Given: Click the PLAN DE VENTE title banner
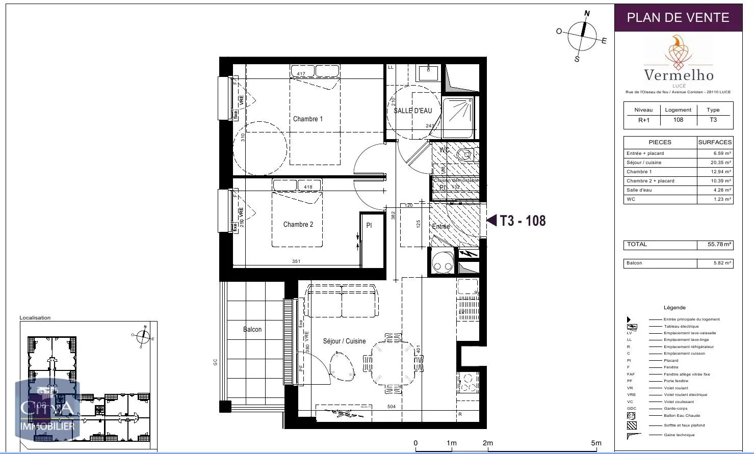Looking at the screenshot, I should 678,18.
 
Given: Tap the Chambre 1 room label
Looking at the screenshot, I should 307,119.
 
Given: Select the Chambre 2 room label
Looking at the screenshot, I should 298,225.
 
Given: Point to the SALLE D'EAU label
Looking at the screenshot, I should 412,111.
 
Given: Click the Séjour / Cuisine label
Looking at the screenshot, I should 344,341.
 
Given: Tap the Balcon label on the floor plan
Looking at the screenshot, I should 252,330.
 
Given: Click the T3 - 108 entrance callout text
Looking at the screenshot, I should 523,221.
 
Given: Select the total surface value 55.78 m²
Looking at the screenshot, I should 719,245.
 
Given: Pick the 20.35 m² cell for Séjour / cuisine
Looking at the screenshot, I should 721,163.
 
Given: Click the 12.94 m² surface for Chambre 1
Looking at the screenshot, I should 721,172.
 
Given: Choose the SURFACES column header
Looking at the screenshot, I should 715,142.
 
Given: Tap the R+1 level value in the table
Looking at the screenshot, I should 644,120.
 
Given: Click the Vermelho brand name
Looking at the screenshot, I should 679,75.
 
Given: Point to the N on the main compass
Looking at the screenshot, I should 587,14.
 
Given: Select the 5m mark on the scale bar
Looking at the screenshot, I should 596,443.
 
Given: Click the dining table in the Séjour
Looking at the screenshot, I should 393,363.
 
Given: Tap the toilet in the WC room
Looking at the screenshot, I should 465,155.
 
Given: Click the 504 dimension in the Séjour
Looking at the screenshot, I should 391,407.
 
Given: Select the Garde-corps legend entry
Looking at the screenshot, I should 675,409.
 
